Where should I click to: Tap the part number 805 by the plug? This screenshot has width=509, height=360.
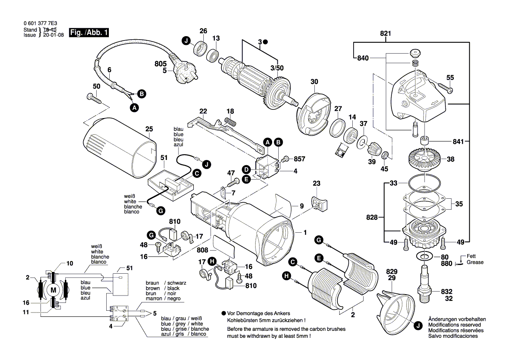(x=160, y=63)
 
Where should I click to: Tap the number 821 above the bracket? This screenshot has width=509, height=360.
(x=385, y=34)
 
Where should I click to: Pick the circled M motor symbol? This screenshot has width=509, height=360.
(x=54, y=290)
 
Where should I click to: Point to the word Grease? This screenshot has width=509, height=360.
(x=475, y=262)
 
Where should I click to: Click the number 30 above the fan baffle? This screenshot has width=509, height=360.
(x=314, y=82)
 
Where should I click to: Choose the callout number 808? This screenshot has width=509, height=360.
(x=202, y=251)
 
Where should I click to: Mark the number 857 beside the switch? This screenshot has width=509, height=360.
(x=299, y=160)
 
